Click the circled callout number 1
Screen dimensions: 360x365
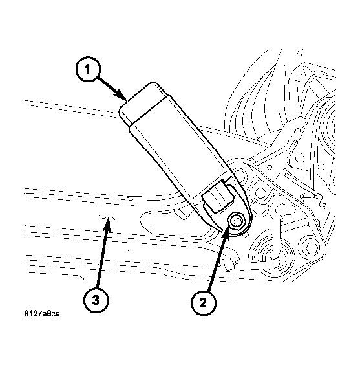click(88, 69)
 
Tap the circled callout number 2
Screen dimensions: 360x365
click(204, 303)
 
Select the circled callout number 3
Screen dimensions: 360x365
click(96, 300)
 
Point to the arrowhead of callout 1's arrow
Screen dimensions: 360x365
click(122, 96)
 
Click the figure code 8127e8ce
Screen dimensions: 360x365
click(42, 314)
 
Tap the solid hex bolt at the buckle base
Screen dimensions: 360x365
click(236, 221)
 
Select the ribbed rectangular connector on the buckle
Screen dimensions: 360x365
click(218, 197)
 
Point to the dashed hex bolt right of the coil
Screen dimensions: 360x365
click(310, 247)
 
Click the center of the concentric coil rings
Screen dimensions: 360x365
click(274, 256)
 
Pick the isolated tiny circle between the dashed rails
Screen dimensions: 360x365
click(130, 250)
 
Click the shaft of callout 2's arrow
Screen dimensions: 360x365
click(216, 263)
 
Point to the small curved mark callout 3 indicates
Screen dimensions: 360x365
click(107, 217)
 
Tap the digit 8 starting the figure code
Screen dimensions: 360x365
click(26, 314)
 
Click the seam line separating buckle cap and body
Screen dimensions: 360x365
click(149, 110)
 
